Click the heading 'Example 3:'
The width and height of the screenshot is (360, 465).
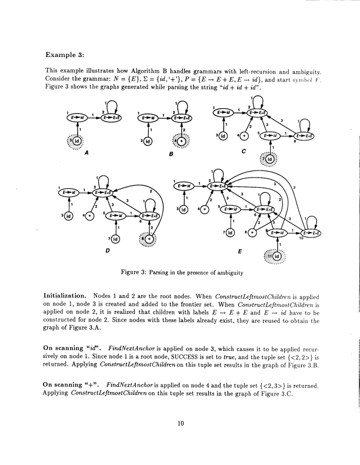coord(65,55)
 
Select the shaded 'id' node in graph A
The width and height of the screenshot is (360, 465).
coord(74,142)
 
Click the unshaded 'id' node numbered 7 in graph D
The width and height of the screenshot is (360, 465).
coord(115,239)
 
